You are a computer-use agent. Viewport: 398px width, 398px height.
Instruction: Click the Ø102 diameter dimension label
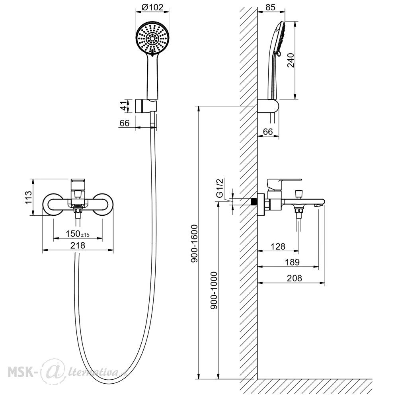[152, 7]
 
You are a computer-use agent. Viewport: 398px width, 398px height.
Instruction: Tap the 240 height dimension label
[291, 60]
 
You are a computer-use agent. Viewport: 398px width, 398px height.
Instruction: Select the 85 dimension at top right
[270, 7]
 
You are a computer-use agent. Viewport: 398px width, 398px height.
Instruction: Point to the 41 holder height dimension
[123, 105]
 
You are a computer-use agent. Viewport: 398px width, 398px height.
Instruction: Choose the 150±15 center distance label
[78, 234]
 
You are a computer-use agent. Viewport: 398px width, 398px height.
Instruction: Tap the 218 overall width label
[78, 246]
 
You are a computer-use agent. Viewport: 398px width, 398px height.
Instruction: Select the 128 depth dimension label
[278, 246]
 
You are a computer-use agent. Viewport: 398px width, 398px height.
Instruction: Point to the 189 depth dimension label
[292, 262]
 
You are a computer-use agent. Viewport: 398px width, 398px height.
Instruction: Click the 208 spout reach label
[295, 278]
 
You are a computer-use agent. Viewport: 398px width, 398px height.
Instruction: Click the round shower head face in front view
[152, 38]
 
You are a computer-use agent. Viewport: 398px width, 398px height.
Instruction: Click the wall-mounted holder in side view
[268, 106]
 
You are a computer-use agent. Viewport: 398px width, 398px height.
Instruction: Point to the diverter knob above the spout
[298, 194]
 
